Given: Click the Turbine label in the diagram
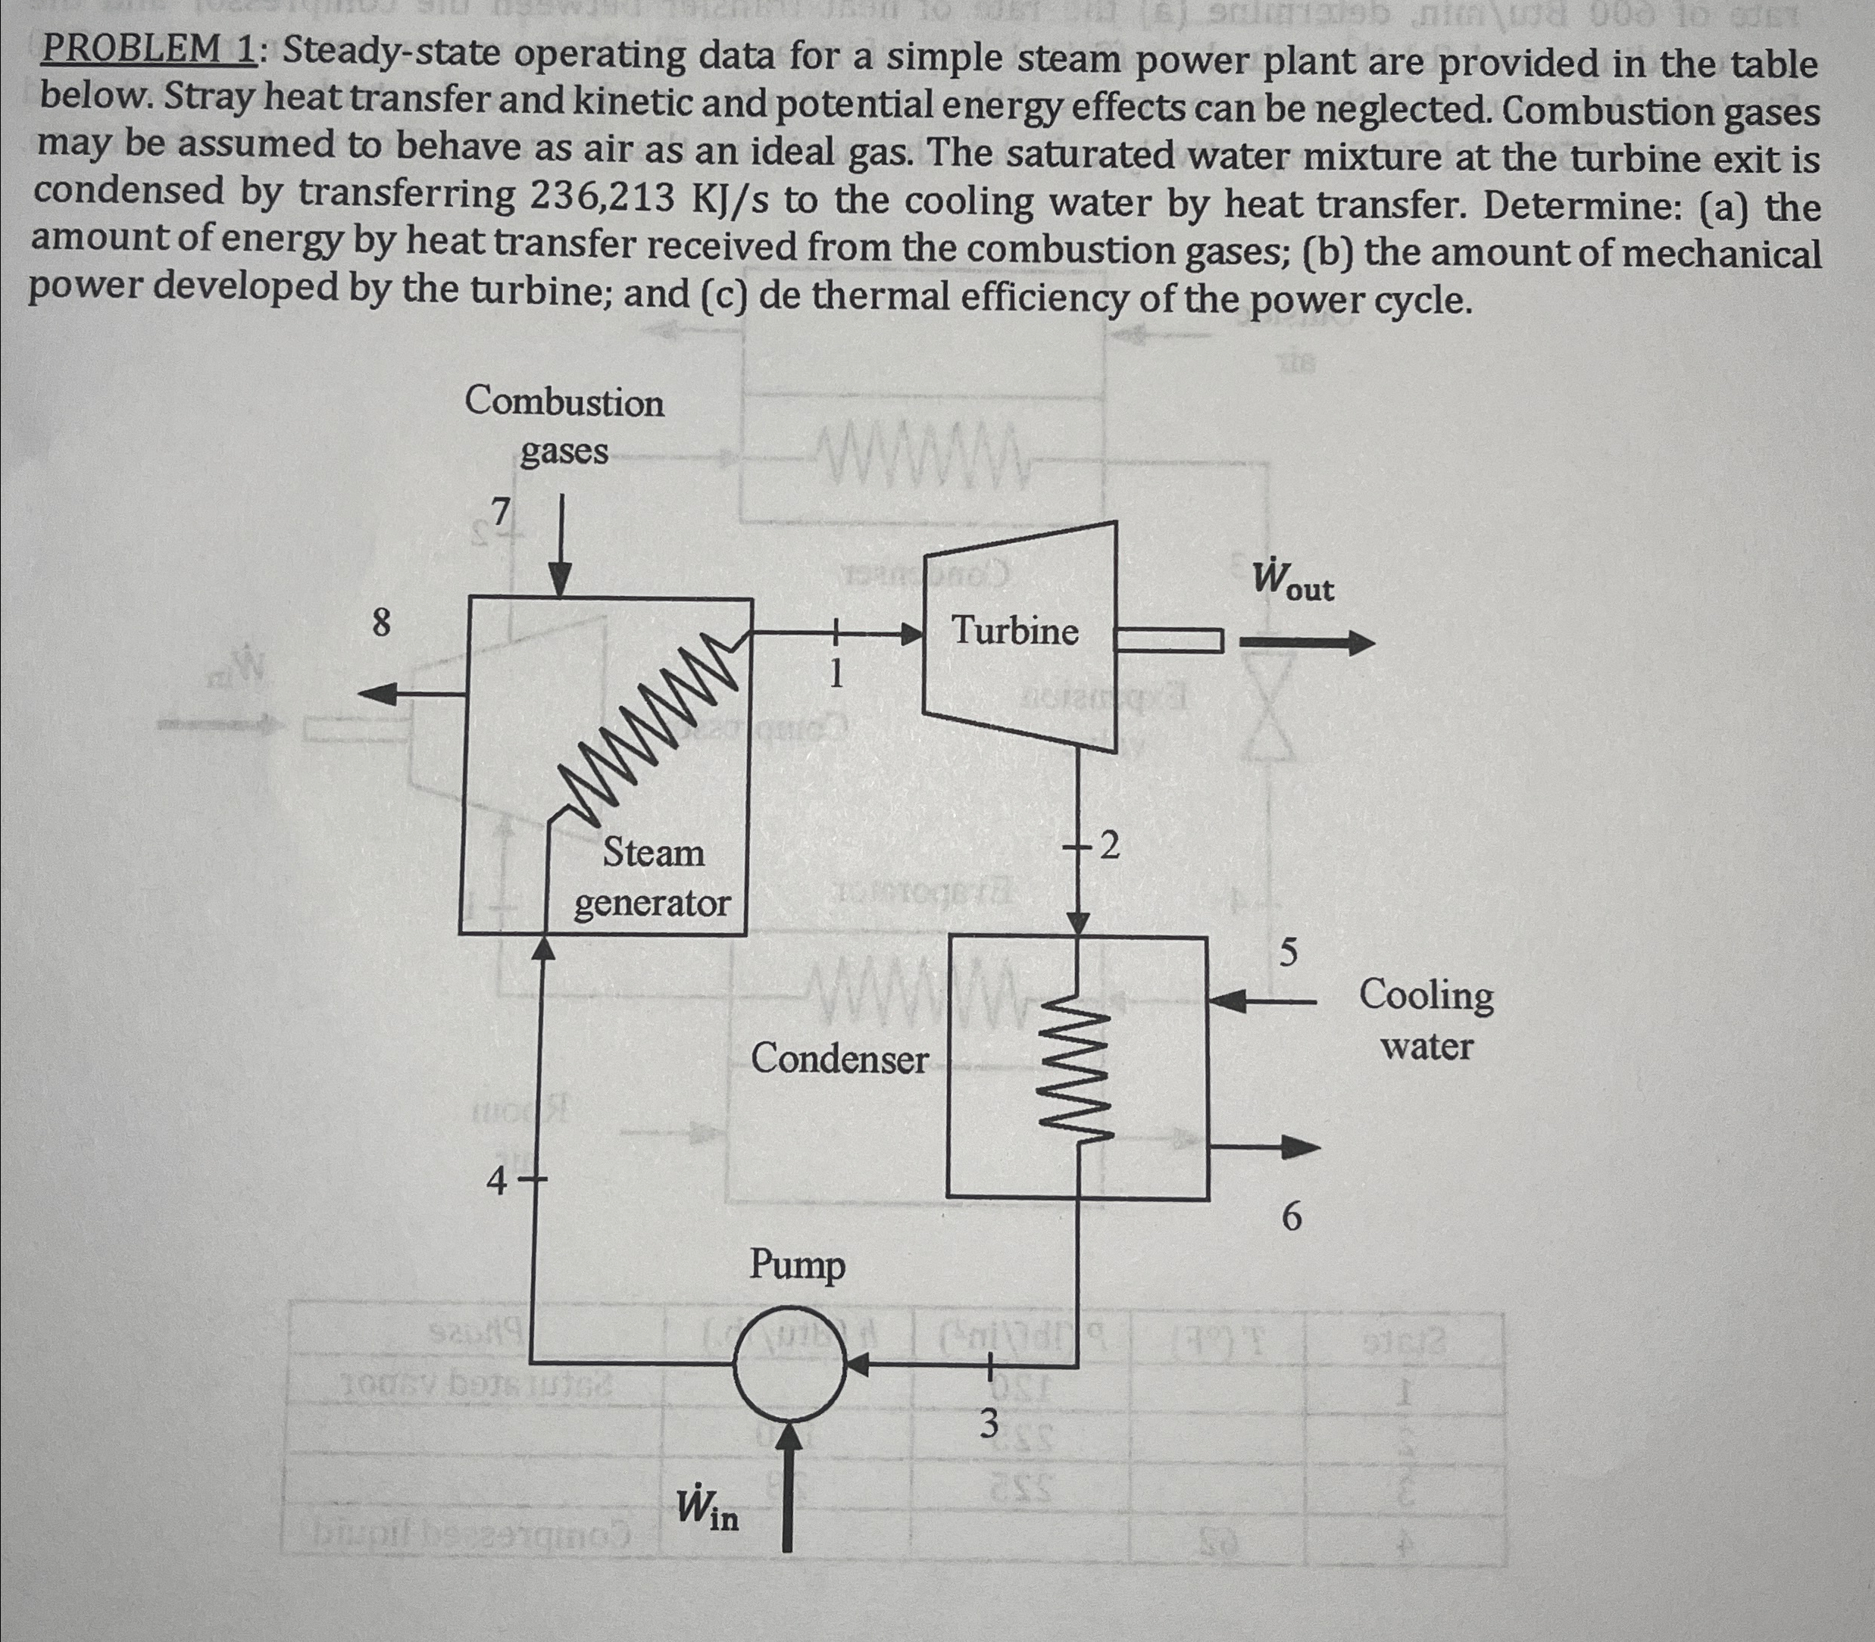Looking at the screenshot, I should click(x=1014, y=632).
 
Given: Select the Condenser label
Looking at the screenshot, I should click(x=839, y=1060).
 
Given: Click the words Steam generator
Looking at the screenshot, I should click(x=652, y=878).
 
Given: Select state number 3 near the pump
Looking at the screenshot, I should click(x=988, y=1423).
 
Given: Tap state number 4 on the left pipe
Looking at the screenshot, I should click(x=495, y=1183).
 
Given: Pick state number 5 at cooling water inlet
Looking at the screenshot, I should click(x=1289, y=953).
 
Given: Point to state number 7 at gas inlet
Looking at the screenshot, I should click(x=500, y=514).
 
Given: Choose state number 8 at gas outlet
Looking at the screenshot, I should click(x=381, y=624).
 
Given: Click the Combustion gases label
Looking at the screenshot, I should click(x=564, y=426).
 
